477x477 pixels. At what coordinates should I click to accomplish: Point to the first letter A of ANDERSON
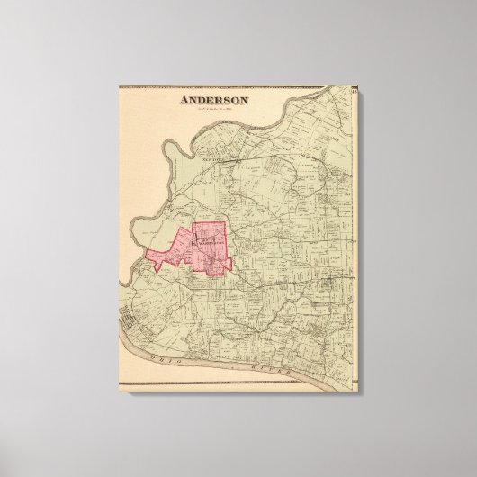[x=184, y=102]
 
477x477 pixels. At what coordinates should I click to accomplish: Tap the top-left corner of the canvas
[x=118, y=82]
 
